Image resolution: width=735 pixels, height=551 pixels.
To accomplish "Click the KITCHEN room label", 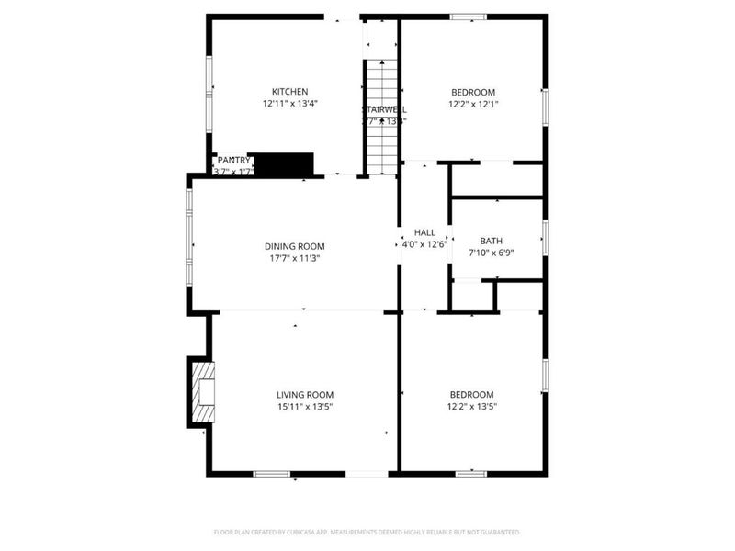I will pyautogui.click(x=289, y=92).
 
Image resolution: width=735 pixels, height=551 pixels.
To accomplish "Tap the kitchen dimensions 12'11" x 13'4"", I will pyautogui.click(x=289, y=104).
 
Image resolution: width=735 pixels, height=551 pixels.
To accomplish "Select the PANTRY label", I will pyautogui.click(x=233, y=161).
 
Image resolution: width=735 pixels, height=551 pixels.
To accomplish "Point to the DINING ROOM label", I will pyautogui.click(x=294, y=246).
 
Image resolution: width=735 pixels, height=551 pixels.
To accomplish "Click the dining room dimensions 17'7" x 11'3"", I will pyautogui.click(x=294, y=258).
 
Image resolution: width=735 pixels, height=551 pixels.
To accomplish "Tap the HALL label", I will pyautogui.click(x=424, y=233).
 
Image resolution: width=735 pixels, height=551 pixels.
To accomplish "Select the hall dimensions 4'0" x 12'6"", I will pyautogui.click(x=424, y=244).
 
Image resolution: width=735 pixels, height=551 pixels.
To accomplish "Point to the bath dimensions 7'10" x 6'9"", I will pyautogui.click(x=491, y=253).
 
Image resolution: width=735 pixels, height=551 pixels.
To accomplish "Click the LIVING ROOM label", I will pyautogui.click(x=305, y=395).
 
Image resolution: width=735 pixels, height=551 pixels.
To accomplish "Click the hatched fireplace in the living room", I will pyautogui.click(x=201, y=393).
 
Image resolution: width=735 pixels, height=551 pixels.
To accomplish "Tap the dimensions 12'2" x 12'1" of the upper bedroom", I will pyautogui.click(x=473, y=104).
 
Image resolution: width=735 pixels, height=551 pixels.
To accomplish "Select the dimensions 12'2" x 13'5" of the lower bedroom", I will pyautogui.click(x=470, y=407).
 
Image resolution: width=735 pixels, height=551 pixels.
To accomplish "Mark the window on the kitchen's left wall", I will pyautogui.click(x=209, y=92).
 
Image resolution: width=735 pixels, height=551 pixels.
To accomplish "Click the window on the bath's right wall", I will pyautogui.click(x=545, y=237).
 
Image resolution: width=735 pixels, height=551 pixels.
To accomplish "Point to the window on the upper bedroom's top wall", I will pyautogui.click(x=469, y=16).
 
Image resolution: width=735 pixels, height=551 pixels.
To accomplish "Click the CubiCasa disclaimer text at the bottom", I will pyautogui.click(x=367, y=532).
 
